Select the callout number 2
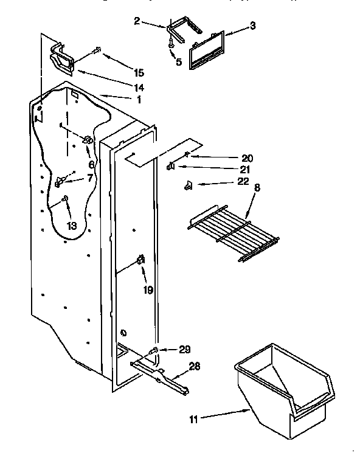click(x=137, y=21)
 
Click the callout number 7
click(x=91, y=178)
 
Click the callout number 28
click(x=195, y=367)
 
